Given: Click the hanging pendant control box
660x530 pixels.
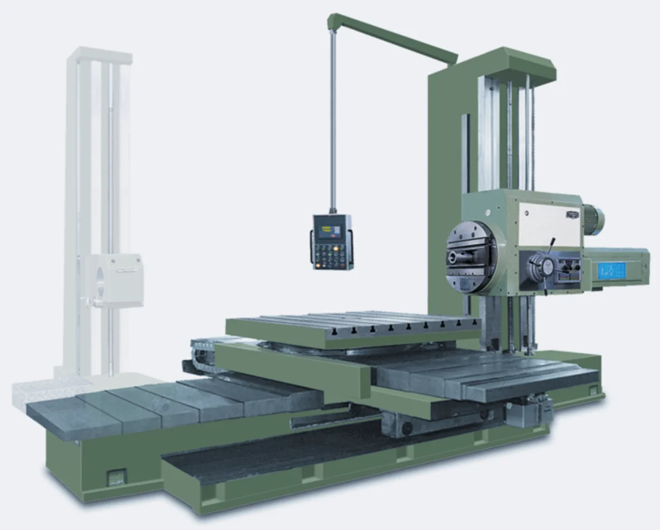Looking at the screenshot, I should tap(332, 242).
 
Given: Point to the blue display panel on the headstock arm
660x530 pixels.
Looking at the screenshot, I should tap(612, 271).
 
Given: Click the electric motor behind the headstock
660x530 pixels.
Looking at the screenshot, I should tap(592, 220).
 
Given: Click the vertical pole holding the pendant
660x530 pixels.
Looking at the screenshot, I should tap(333, 124).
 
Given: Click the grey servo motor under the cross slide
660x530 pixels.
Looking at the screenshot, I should tap(528, 411).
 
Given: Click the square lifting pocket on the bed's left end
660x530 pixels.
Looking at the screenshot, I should tap(115, 478).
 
